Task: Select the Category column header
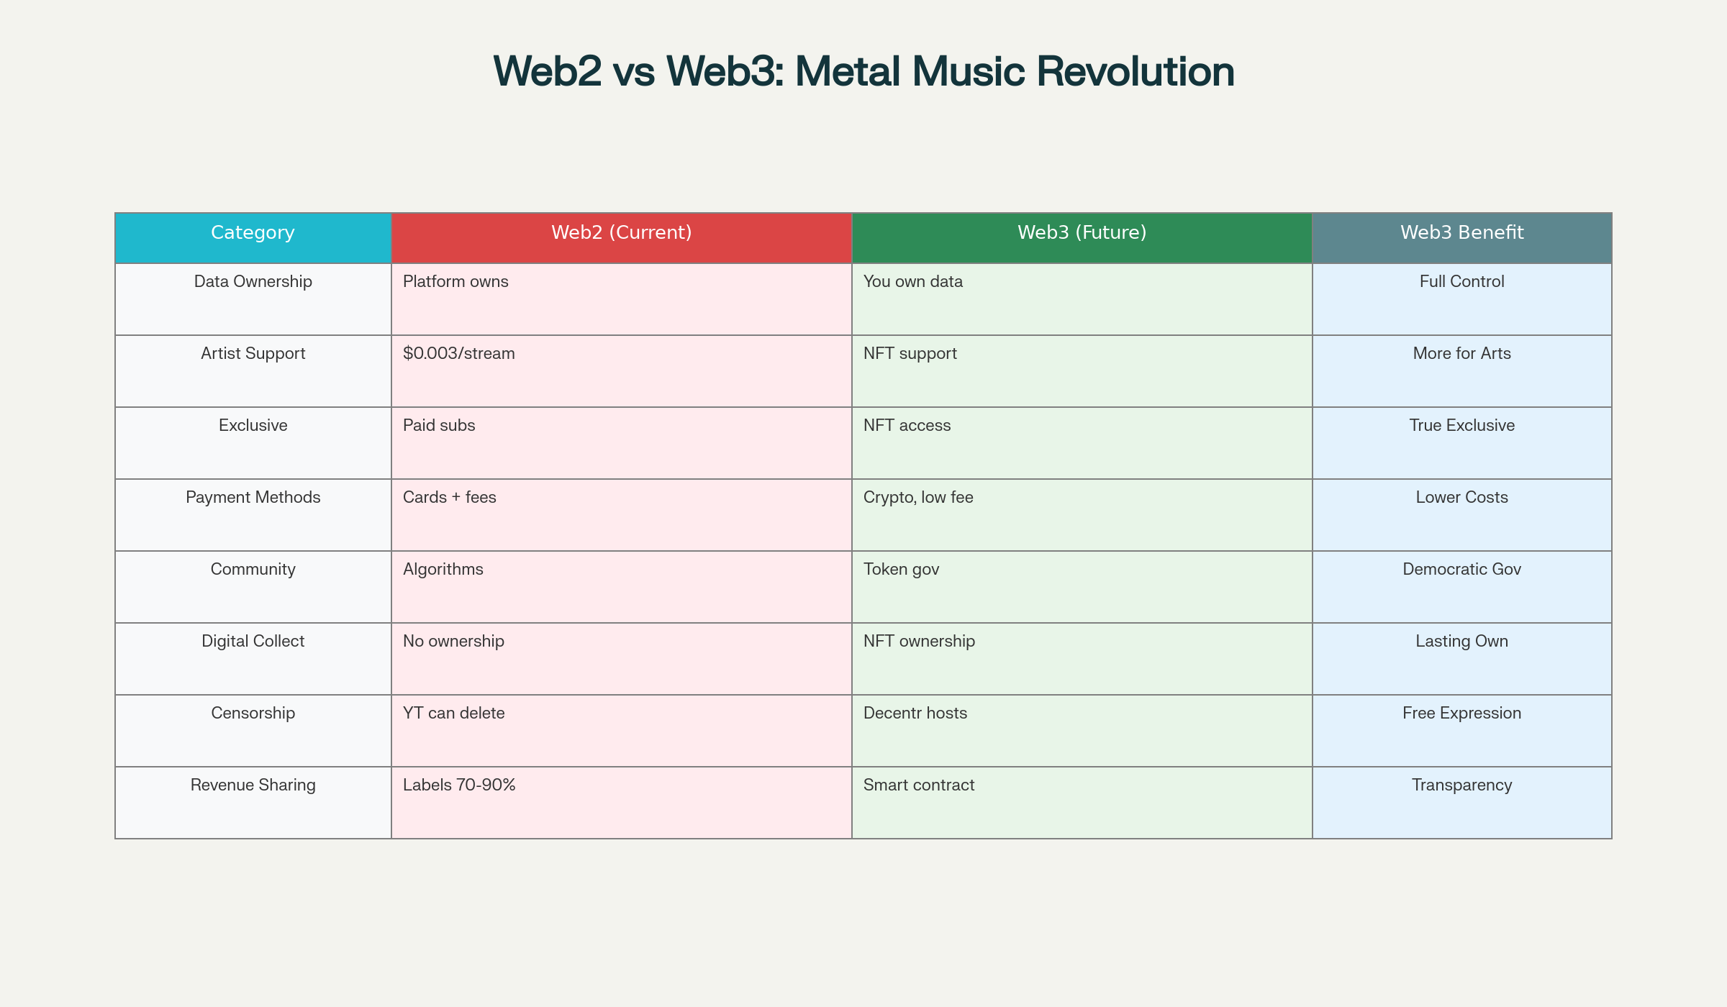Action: pos(253,238)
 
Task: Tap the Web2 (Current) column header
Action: pos(622,238)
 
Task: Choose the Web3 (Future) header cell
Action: pos(1082,238)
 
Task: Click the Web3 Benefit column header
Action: pos(1462,238)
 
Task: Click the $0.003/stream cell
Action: pos(622,371)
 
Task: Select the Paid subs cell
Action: pos(622,443)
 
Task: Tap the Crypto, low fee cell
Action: pos(1082,515)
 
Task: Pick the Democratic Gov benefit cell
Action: pos(1462,587)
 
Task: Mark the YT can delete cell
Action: pos(622,731)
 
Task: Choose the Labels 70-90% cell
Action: pos(622,803)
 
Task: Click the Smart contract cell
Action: pos(1082,803)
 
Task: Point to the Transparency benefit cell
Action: pos(1462,803)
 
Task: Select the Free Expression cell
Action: pos(1462,731)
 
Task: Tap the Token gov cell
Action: pos(1082,587)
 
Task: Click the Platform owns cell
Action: pos(622,299)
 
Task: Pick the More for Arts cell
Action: pos(1462,371)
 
